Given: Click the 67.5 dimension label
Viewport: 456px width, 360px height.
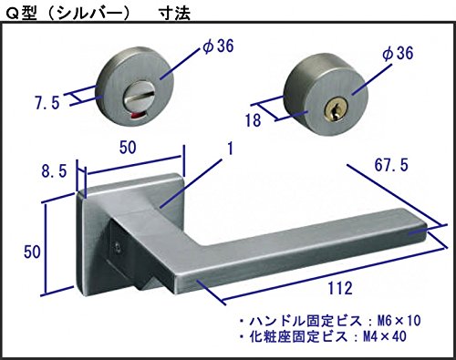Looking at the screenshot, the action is click(391, 165).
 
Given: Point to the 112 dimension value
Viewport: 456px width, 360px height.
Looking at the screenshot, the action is click(340, 288).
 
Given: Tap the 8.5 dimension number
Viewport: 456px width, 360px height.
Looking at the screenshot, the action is click(54, 171).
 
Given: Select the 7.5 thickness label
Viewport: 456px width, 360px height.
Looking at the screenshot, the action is click(47, 103).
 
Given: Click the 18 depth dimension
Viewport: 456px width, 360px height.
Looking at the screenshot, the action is click(254, 120).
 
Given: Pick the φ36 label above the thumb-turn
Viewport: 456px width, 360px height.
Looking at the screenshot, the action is click(218, 46).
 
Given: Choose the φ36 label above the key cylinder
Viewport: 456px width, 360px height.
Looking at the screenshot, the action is click(398, 53).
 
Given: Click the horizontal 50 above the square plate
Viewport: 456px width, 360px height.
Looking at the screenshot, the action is click(128, 148).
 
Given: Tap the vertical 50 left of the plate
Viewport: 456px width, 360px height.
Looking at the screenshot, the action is click(32, 252).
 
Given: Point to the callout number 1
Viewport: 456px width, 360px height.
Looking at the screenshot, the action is click(231, 149).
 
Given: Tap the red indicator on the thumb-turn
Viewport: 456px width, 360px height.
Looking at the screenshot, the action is click(135, 116).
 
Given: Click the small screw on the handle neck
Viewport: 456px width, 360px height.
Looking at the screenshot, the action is click(117, 248).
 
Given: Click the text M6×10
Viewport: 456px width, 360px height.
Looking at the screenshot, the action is click(399, 321).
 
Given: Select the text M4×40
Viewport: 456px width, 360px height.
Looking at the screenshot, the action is click(385, 336).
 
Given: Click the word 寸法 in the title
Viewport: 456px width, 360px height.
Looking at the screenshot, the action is click(174, 14).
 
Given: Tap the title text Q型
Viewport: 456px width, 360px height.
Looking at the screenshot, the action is click(21, 14).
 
